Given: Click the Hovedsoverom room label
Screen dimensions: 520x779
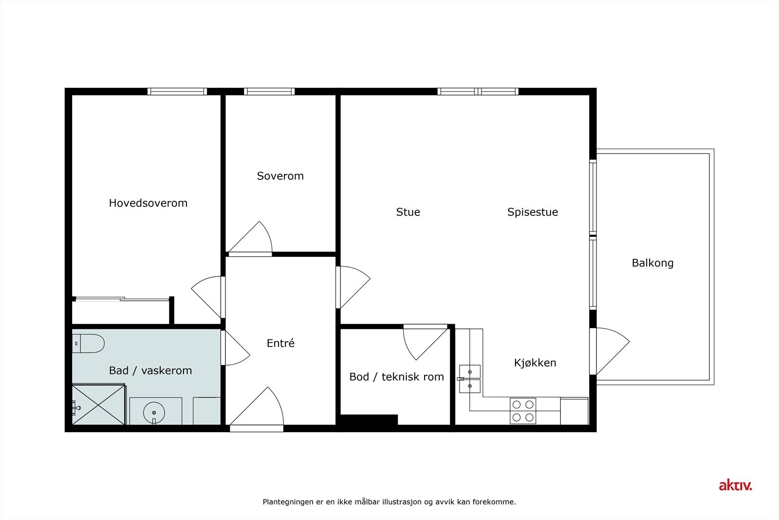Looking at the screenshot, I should (148, 203).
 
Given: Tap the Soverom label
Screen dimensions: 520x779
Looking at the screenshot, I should (280, 176).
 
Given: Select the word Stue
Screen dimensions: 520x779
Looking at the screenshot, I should (408, 212).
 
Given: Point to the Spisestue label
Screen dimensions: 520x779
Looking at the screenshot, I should (533, 212).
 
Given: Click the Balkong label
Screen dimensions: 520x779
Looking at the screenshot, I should (652, 263).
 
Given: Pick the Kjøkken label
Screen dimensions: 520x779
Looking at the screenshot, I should (535, 363).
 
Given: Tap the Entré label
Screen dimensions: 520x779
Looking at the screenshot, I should (280, 343).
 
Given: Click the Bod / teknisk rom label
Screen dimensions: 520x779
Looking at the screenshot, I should (396, 377).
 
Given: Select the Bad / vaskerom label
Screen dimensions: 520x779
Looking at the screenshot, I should (150, 370).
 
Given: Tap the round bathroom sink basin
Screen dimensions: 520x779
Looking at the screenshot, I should (154, 412).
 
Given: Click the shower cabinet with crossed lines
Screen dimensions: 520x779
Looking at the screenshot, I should (98, 404).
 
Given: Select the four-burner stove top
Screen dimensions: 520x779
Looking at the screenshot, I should (523, 411).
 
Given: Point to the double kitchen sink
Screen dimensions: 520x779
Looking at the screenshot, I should (470, 379).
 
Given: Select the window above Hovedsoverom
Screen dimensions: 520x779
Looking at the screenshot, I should (177, 91).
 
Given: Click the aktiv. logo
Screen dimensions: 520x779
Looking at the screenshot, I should (735, 485).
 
